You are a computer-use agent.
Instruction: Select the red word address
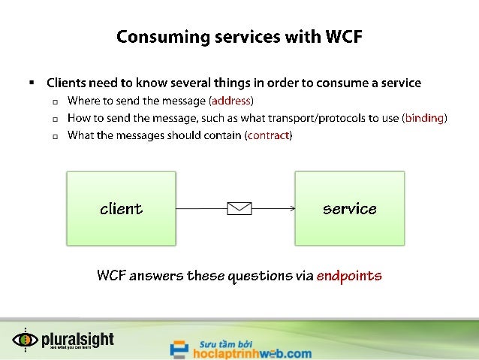(x=230, y=101)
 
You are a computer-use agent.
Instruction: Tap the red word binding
(x=424, y=118)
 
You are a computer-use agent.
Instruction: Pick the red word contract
(x=268, y=135)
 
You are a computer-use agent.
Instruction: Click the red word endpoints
(x=349, y=276)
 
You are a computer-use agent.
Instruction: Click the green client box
(x=121, y=208)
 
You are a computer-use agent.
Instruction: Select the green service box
(x=349, y=208)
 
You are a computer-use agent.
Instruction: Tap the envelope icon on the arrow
(x=239, y=208)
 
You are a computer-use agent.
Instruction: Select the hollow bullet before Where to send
(x=56, y=101)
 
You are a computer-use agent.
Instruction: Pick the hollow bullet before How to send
(x=56, y=119)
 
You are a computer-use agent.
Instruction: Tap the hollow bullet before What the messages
(x=56, y=136)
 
